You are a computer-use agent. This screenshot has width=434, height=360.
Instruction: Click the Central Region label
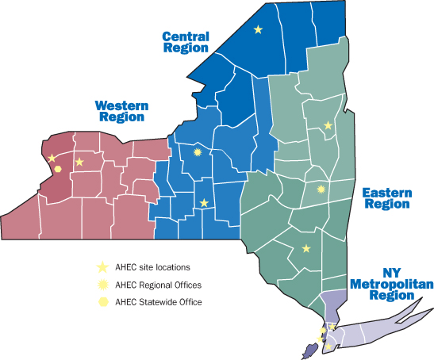185,41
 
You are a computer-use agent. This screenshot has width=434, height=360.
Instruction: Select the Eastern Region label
386,198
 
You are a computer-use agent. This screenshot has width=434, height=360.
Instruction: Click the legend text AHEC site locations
152,267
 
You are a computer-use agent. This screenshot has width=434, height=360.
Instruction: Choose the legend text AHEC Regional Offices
158,285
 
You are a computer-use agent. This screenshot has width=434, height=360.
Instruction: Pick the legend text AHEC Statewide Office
158,302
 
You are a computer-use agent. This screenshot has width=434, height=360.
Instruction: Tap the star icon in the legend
101,267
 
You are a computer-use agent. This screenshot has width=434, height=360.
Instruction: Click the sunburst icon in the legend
101,285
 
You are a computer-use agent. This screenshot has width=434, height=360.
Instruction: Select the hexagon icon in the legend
101,302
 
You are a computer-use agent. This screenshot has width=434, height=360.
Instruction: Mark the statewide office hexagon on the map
58,169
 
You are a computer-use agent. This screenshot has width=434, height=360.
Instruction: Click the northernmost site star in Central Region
257,29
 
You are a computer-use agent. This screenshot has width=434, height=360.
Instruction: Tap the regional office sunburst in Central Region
198,152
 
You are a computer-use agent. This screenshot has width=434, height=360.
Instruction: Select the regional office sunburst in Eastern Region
321,189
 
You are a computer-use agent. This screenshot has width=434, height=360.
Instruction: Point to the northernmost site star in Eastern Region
328,125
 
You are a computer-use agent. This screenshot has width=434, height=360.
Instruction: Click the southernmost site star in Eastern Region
306,249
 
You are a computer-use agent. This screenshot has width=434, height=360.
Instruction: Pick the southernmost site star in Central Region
204,203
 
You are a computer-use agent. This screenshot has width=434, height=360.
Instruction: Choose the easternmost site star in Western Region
79,163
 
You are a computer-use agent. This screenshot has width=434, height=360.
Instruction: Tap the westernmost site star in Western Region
52,159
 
